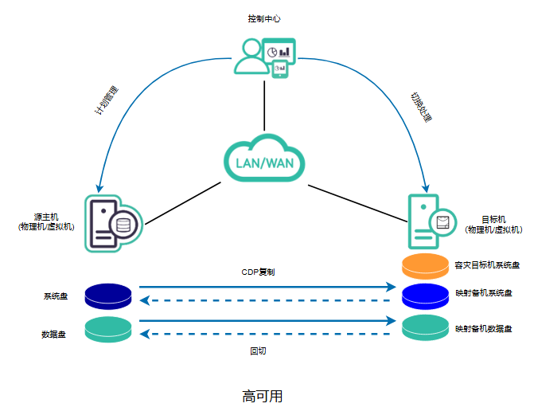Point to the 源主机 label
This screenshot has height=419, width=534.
pyautogui.click(x=46, y=221)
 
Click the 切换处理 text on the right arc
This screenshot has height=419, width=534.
pyautogui.click(x=421, y=106)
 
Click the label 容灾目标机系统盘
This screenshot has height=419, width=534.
pyautogui.click(x=487, y=264)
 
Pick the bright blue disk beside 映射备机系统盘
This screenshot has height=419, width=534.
pyautogui.click(x=426, y=295)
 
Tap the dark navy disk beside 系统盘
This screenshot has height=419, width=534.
pyautogui.click(x=108, y=296)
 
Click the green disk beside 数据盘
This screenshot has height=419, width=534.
pyautogui.click(x=108, y=330)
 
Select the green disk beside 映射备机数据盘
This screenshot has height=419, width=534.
pyautogui.click(x=426, y=327)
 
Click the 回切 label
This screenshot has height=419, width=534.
pyautogui.click(x=258, y=350)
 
